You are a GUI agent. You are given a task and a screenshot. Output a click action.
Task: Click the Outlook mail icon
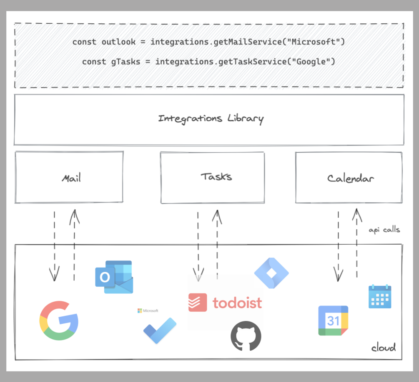click(x=114, y=277)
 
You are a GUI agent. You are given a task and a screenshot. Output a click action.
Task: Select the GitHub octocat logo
click(x=246, y=335)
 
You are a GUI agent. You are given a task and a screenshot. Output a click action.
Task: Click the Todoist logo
click(x=225, y=303)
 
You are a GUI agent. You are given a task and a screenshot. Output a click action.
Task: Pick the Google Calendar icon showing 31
click(x=333, y=320)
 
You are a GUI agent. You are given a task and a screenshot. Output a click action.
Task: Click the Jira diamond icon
click(x=271, y=273)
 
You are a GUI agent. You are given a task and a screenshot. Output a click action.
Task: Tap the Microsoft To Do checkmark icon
click(x=160, y=330)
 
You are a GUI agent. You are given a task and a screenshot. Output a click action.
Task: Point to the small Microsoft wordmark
click(x=148, y=310)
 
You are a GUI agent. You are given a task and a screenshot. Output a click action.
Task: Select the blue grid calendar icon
click(x=379, y=296)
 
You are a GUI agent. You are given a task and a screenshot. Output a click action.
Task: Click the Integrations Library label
click(x=211, y=119)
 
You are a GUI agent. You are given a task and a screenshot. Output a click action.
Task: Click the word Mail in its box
click(x=71, y=178)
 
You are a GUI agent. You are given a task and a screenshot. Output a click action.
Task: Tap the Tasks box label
click(x=216, y=176)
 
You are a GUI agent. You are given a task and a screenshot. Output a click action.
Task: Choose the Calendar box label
click(x=350, y=179)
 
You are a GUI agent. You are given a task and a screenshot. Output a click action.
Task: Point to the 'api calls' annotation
click(x=384, y=230)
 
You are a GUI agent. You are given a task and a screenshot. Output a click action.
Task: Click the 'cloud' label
click(x=383, y=347)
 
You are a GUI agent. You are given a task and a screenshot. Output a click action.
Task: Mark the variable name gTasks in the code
click(x=125, y=62)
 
